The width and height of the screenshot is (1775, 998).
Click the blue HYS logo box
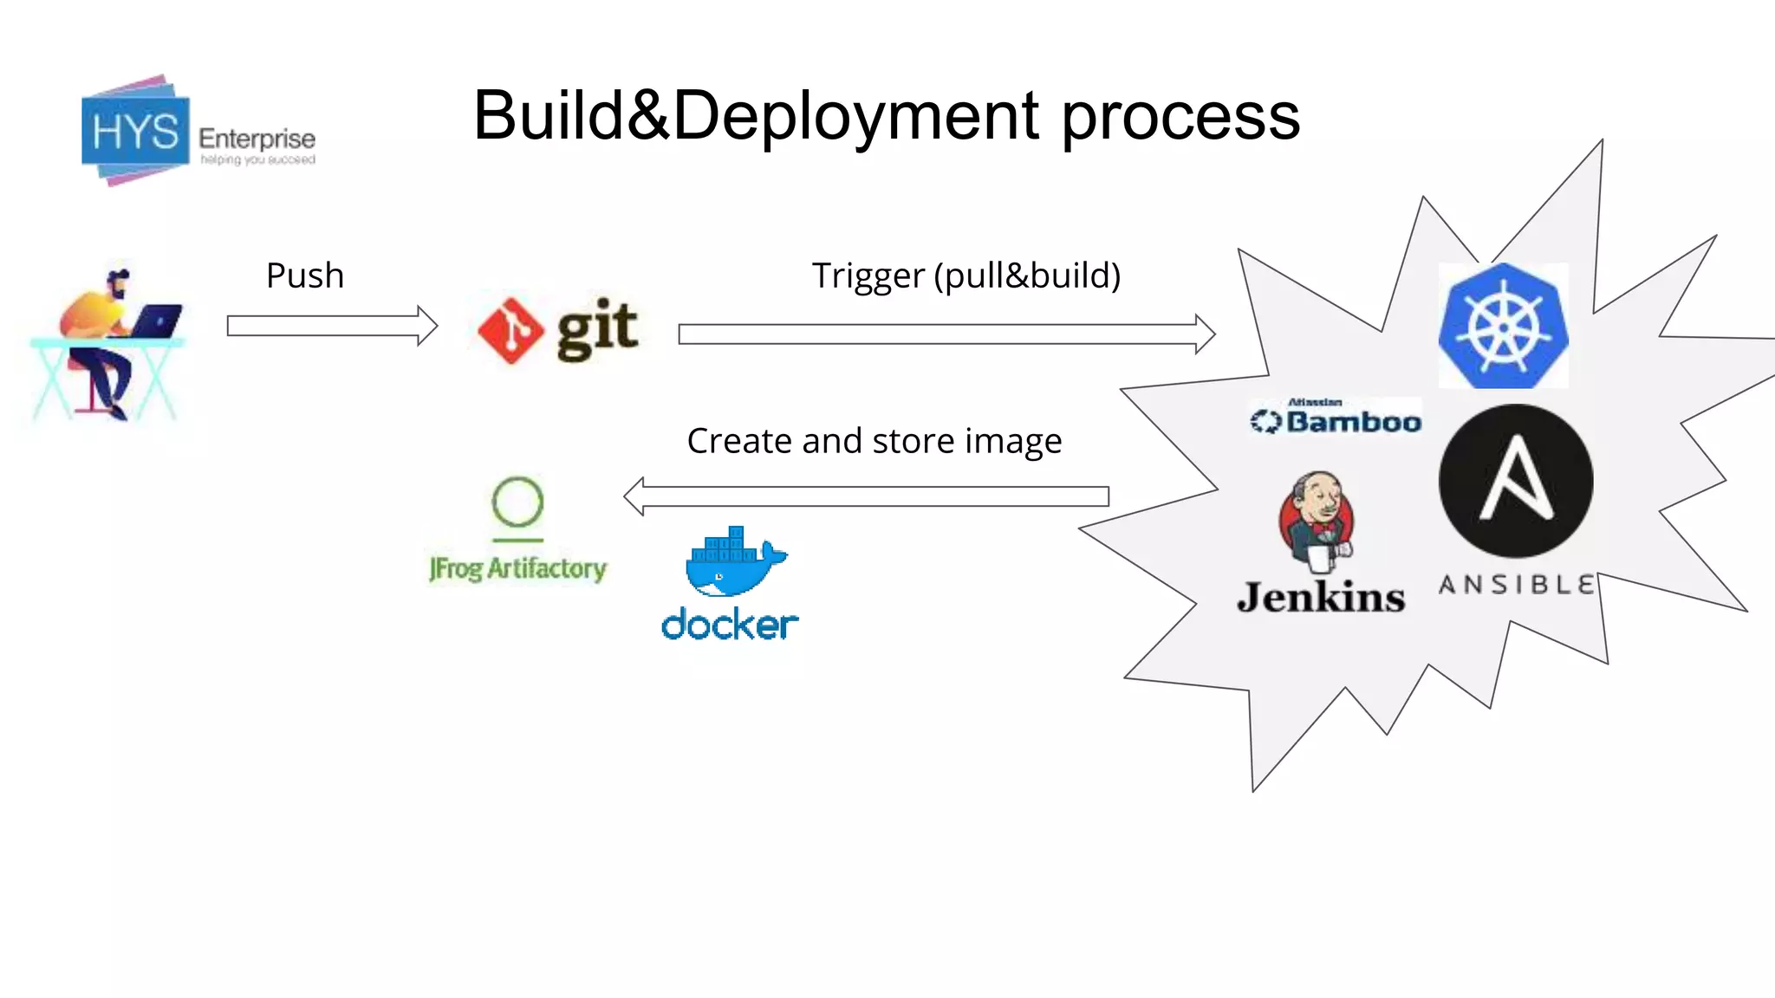tap(135, 132)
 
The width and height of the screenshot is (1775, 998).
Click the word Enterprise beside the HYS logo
tap(257, 139)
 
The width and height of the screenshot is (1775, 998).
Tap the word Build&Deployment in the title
tap(755, 116)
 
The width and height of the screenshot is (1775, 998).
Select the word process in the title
tap(1180, 116)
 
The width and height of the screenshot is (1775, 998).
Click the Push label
tap(305, 275)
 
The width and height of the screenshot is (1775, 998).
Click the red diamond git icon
tap(511, 330)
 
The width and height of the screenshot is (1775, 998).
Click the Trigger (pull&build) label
tap(966, 275)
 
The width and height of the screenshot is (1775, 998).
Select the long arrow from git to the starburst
tap(946, 334)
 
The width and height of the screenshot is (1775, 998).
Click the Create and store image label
tap(874, 441)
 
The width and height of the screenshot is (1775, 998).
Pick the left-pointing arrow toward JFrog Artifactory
tap(867, 496)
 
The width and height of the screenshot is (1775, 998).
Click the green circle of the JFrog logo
tap(517, 502)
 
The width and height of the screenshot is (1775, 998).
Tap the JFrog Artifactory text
tap(517, 568)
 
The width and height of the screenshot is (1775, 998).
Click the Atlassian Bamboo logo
tap(1335, 418)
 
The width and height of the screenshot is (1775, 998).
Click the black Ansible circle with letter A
tap(1515, 481)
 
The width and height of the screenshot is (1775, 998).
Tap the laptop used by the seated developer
tap(157, 321)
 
